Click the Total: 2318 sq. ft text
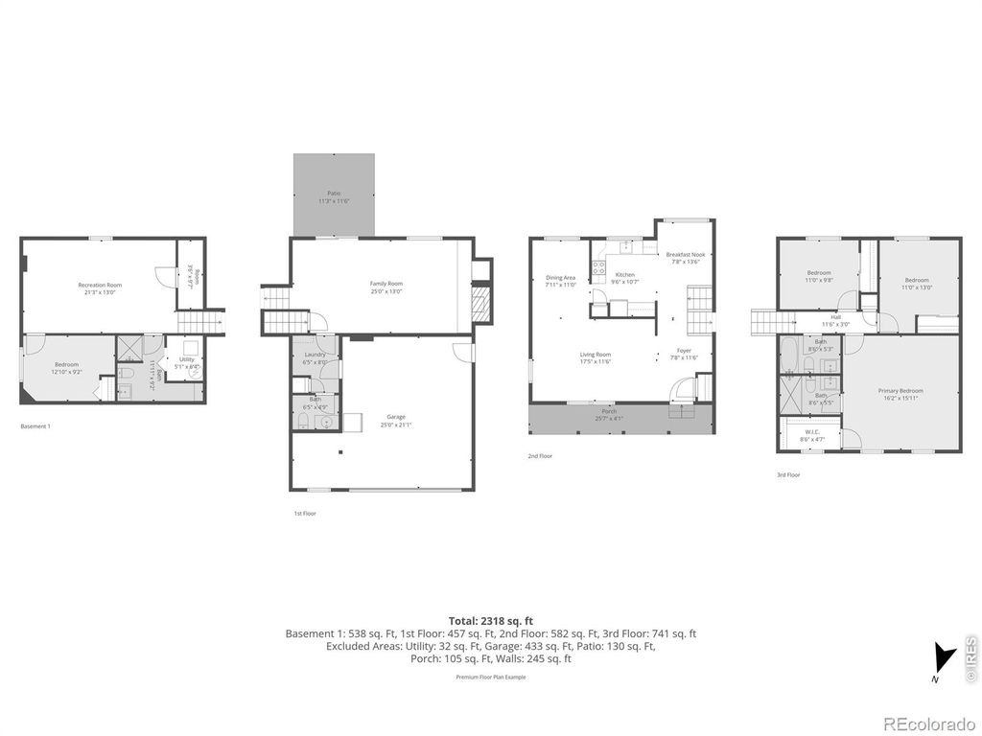(x=490, y=620)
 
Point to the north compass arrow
(x=945, y=659)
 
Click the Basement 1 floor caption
(x=35, y=425)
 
